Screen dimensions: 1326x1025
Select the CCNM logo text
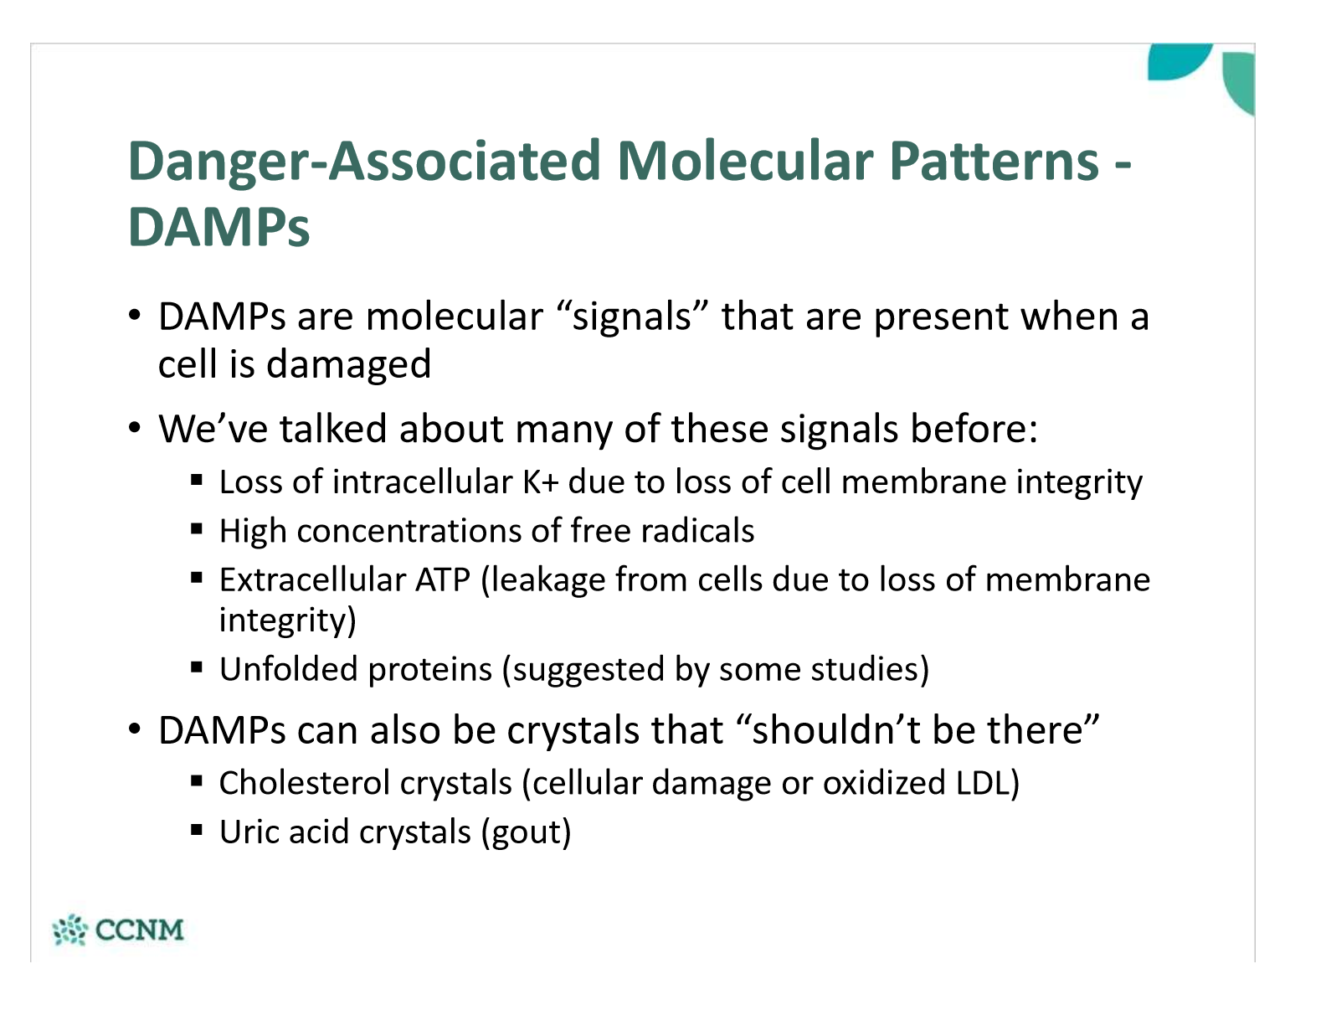[140, 930]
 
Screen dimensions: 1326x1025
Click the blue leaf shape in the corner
[1178, 61]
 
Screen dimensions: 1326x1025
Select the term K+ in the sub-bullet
[541, 482]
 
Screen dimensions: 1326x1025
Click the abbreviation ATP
[442, 579]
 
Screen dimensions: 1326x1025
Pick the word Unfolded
[288, 669]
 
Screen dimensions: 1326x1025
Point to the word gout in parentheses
[526, 833]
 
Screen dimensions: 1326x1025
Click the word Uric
[249, 832]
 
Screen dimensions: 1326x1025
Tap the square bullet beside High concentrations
[197, 529]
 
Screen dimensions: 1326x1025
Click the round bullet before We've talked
[135, 427]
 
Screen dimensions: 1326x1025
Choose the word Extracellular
[312, 579]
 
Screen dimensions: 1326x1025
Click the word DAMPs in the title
[218, 227]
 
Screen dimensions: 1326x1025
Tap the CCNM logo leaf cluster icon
[70, 930]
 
